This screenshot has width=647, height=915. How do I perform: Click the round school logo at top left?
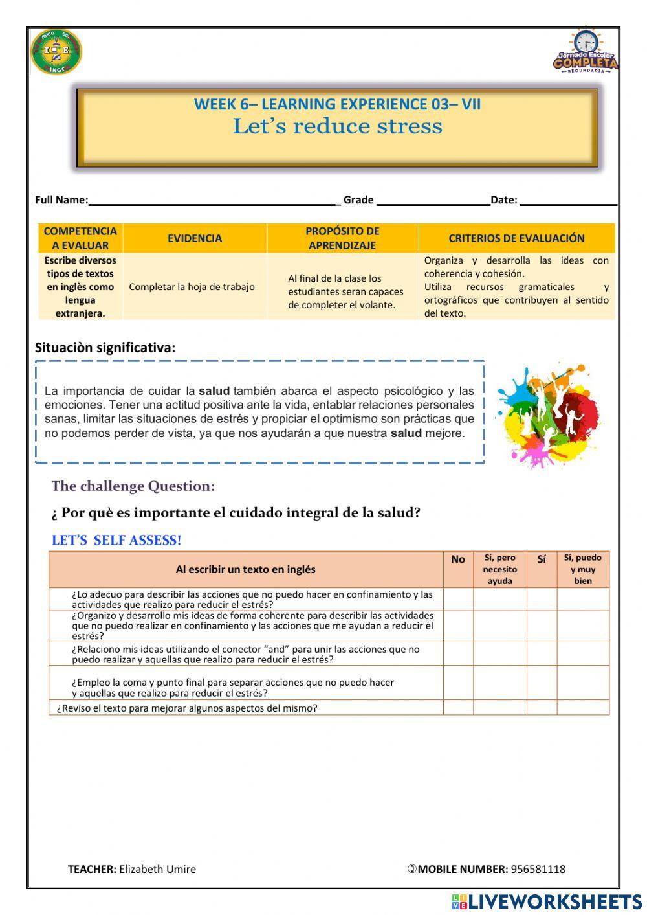point(56,52)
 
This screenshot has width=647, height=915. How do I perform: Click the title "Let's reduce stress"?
point(337,126)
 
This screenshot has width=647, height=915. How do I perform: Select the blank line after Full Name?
point(214,201)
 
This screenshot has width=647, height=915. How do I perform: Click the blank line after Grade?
point(433,201)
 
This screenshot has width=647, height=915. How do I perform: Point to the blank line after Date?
point(568,201)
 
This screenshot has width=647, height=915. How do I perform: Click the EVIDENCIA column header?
point(195,238)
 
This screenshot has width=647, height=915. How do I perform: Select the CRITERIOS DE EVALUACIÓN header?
point(516,238)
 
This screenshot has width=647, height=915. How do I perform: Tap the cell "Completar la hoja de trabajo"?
point(192,287)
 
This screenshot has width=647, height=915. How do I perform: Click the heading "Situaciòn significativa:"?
point(105,348)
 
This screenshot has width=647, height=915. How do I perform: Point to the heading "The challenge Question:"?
point(133,486)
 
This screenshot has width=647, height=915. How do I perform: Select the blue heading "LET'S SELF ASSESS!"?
point(116,541)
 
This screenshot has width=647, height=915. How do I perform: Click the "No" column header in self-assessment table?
point(458,560)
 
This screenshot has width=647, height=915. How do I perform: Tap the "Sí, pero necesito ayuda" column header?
point(500,569)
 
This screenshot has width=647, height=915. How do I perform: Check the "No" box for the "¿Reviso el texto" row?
point(458,708)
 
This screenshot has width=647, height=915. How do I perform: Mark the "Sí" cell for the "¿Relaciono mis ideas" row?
point(542,654)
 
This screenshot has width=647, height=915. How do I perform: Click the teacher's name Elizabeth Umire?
point(157,869)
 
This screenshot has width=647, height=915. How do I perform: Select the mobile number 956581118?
point(538,869)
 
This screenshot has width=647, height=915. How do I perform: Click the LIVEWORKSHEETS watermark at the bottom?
point(547,902)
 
